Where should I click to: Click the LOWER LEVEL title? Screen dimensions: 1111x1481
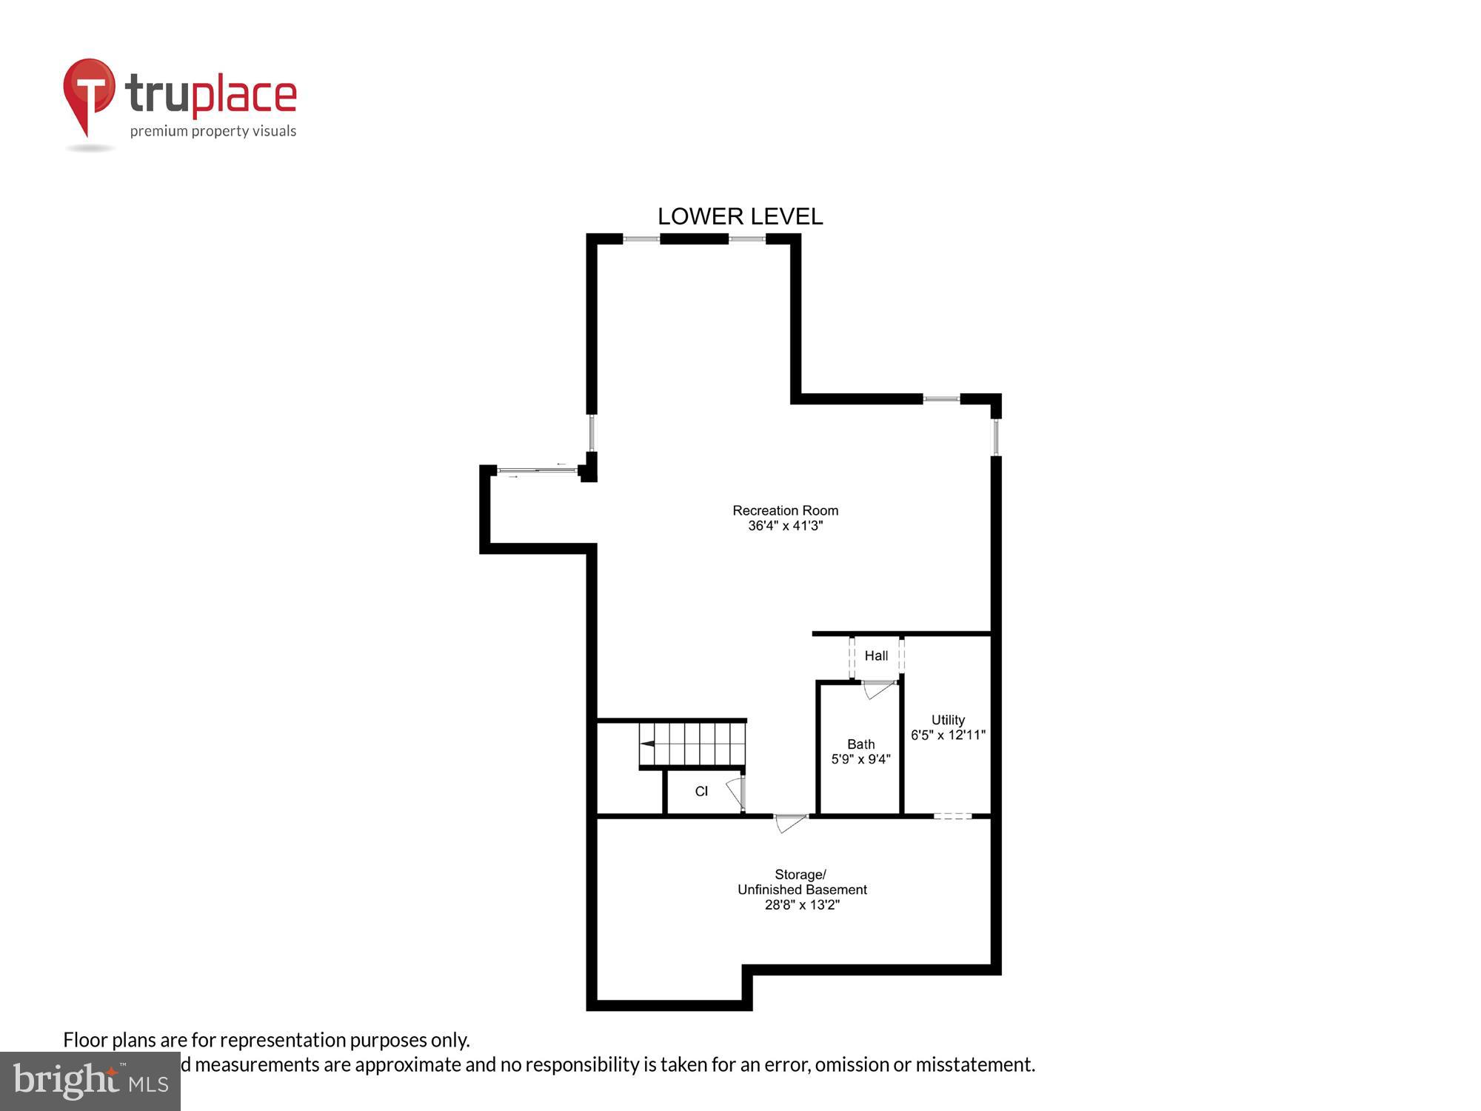(740, 216)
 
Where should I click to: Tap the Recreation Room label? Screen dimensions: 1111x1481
(785, 510)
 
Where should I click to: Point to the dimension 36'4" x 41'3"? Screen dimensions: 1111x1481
(785, 526)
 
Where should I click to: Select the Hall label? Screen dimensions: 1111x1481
(876, 655)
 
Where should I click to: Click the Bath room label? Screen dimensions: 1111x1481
(860, 744)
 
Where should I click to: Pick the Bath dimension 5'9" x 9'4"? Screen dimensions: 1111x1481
(860, 759)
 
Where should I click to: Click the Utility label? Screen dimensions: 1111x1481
(948, 719)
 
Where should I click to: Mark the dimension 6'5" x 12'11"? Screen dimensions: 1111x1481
(948, 735)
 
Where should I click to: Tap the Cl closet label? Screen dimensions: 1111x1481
(701, 791)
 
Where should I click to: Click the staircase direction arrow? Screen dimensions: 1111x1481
(648, 744)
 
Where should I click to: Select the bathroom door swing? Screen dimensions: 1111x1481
(879, 690)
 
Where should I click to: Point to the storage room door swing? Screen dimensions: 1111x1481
(789, 822)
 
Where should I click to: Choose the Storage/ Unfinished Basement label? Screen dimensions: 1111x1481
(801, 881)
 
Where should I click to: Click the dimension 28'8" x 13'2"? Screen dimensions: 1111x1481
(801, 904)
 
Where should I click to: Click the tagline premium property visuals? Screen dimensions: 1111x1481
(213, 131)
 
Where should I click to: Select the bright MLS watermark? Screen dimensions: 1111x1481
(90, 1081)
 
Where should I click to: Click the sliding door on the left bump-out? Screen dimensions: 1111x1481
(537, 470)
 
